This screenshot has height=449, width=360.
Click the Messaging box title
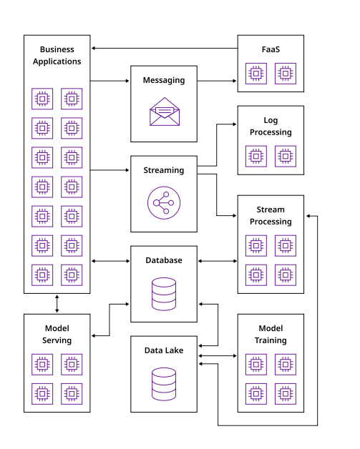pyautogui.click(x=164, y=81)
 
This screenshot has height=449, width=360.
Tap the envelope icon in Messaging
pyautogui.click(x=165, y=112)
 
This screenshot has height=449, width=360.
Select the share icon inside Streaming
pyautogui.click(x=164, y=203)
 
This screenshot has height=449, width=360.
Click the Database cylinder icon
pyautogui.click(x=164, y=294)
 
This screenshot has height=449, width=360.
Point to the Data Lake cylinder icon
pyautogui.click(x=164, y=384)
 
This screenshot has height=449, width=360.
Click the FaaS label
pyautogui.click(x=271, y=49)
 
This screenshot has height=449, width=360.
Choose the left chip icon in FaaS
pyautogui.click(x=256, y=74)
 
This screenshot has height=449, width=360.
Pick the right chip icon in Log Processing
pyautogui.click(x=286, y=157)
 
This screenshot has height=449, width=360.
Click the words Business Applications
pyautogui.click(x=57, y=56)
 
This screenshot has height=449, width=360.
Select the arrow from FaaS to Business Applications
pyautogui.click(x=165, y=48)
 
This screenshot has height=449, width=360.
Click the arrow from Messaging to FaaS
pyautogui.click(x=217, y=81)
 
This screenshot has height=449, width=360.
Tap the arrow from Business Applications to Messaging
pyautogui.click(x=110, y=81)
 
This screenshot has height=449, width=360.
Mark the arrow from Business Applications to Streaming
pyautogui.click(x=110, y=170)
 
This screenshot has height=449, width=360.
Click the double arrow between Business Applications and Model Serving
pyautogui.click(x=57, y=304)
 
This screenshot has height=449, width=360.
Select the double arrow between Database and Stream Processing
pyautogui.click(x=218, y=261)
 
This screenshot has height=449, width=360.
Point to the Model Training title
pyautogui.click(x=271, y=335)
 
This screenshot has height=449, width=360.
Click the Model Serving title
pyautogui.click(x=57, y=335)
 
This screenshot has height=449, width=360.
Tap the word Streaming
pyautogui.click(x=164, y=170)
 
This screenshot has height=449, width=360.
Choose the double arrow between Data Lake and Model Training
pyautogui.click(x=218, y=355)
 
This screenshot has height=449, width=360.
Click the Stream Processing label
pyautogui.click(x=271, y=216)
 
